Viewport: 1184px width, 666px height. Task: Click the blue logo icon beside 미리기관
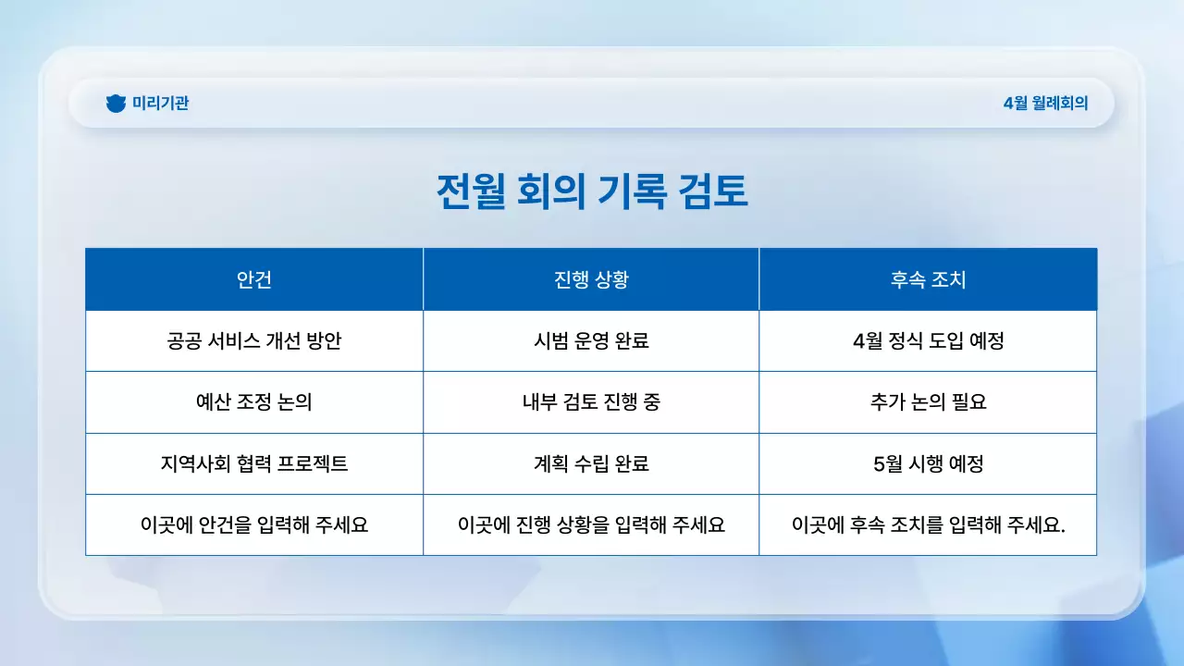tap(116, 104)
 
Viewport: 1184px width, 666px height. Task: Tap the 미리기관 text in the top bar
tap(160, 104)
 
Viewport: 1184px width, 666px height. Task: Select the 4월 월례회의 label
tap(1045, 104)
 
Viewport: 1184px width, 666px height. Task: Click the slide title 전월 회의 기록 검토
tap(592, 192)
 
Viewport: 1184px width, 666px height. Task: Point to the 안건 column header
tap(254, 279)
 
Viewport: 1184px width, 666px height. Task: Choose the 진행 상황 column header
tap(591, 279)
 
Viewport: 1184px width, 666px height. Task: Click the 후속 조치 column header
tap(928, 279)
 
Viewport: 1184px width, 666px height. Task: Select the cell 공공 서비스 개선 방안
tap(254, 340)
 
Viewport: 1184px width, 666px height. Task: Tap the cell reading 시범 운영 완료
tap(591, 340)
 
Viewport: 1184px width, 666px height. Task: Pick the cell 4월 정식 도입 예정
tap(928, 340)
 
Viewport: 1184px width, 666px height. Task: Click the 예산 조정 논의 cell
tap(254, 402)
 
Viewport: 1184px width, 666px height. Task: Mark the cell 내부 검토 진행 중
tap(591, 402)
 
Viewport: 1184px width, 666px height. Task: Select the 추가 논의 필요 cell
tap(928, 402)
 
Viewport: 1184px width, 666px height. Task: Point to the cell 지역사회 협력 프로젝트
tap(254, 463)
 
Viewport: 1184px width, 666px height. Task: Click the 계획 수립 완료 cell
tap(591, 463)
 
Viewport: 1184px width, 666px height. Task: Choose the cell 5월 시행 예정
tap(928, 463)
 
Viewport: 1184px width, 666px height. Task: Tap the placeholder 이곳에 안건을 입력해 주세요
tap(254, 524)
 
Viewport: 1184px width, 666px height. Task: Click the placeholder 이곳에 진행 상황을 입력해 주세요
tap(591, 524)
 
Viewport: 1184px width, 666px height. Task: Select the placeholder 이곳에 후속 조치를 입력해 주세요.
tap(928, 524)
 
